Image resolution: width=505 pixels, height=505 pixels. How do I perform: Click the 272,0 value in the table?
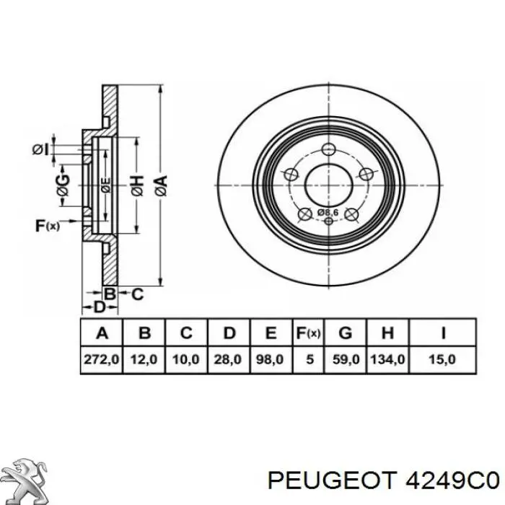(102, 359)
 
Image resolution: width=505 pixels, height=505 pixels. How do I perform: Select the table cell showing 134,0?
(388, 359)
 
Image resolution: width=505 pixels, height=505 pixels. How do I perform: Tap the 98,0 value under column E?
(270, 359)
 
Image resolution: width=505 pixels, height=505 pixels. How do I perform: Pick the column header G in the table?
(346, 333)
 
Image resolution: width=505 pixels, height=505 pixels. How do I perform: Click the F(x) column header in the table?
(308, 333)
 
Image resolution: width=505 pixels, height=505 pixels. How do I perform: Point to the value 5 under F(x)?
(309, 359)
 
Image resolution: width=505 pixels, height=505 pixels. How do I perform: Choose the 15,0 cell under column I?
(442, 359)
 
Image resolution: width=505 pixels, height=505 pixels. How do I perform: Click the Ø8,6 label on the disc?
(328, 213)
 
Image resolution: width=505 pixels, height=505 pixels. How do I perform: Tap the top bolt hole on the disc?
(328, 149)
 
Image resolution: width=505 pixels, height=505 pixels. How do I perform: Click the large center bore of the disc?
(328, 185)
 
